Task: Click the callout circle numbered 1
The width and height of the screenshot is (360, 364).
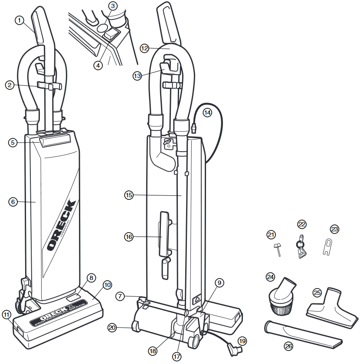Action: tap(19, 20)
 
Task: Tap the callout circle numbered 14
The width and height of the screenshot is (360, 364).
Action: tap(207, 113)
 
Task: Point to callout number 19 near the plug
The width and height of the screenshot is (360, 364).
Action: tap(242, 341)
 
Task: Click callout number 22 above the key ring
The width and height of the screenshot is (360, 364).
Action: tap(302, 224)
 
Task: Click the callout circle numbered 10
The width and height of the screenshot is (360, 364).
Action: tap(107, 285)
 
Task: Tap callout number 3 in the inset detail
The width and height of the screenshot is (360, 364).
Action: tap(113, 6)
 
